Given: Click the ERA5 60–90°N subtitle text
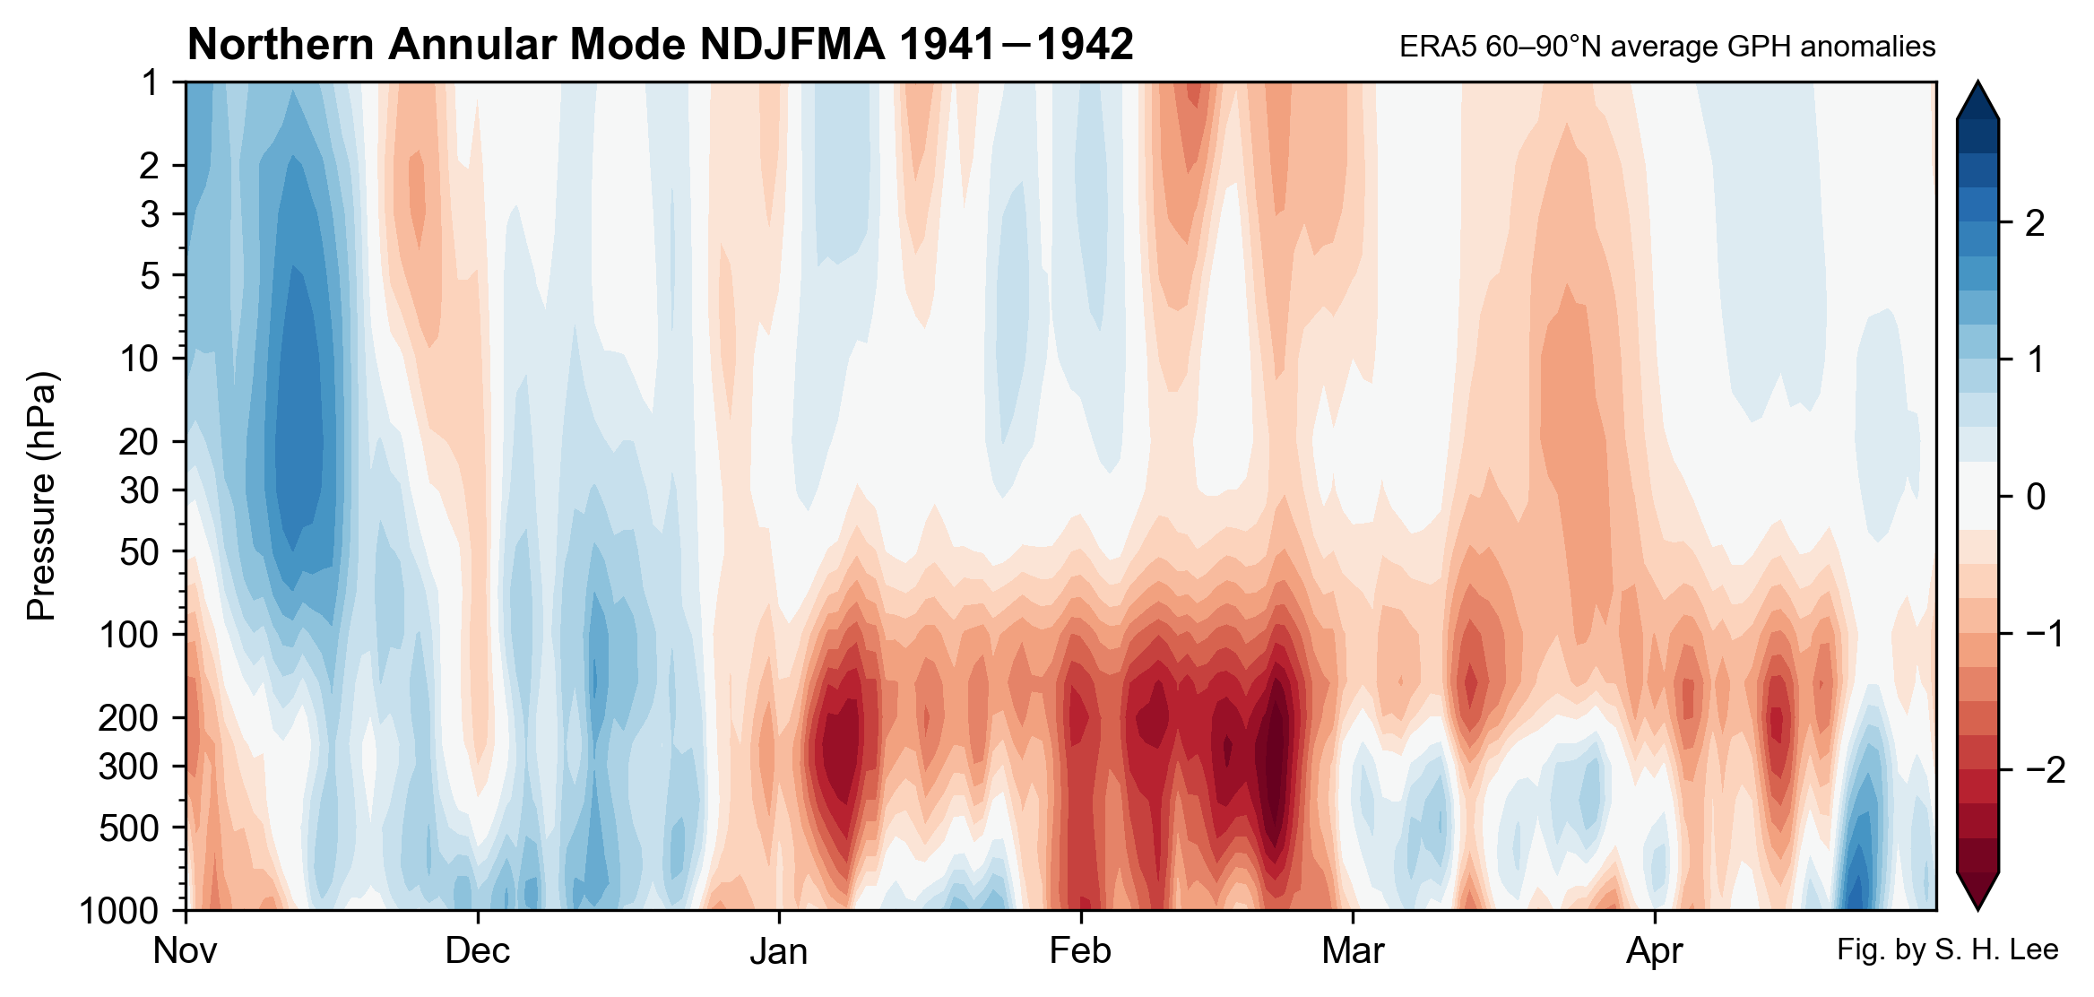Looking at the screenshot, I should tap(1666, 47).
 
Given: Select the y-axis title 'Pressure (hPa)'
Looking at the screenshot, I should tap(42, 496).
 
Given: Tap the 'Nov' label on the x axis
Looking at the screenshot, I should tap(185, 950).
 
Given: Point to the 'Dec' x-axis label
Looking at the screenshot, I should tap(477, 950).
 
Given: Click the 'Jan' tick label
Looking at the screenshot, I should tap(778, 950).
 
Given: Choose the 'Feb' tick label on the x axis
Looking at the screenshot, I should tap(1080, 950).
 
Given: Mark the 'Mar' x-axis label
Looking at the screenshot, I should tap(1353, 950).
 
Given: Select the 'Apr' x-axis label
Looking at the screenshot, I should tap(1654, 950).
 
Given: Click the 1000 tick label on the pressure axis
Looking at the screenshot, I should tap(118, 911).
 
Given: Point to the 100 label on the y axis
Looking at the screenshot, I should tap(128, 635).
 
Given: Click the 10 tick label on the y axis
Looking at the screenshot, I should tap(139, 359).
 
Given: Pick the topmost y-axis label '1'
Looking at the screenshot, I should tap(150, 82).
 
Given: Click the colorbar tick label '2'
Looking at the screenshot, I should tap(2035, 223).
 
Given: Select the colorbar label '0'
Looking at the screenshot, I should tap(2035, 496).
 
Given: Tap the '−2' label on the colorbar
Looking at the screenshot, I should tap(2044, 770).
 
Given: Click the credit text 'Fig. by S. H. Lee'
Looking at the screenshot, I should tap(1947, 949).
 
